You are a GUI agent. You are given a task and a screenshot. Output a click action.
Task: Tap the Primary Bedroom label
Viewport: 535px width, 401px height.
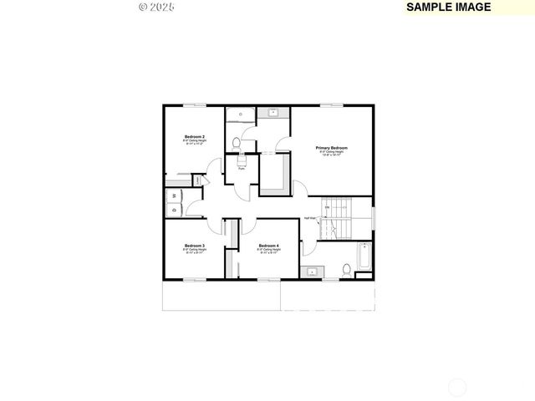pos(331,148)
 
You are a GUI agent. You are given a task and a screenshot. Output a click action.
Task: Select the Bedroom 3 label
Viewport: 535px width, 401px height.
pos(195,246)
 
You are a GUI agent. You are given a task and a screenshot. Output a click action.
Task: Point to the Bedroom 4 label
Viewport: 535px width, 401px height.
pos(268,246)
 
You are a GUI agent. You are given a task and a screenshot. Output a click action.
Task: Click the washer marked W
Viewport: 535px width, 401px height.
pos(174,196)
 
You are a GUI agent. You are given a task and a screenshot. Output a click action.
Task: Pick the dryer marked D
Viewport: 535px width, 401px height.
pos(174,210)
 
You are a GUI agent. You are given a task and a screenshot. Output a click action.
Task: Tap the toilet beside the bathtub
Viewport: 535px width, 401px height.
pos(346,269)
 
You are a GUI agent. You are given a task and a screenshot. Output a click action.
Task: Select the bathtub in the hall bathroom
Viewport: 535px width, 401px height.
pos(363,258)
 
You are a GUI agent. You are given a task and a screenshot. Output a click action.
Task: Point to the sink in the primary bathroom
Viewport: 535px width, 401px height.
pos(273,112)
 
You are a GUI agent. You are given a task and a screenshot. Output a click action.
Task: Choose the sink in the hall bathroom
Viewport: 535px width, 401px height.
pos(312,271)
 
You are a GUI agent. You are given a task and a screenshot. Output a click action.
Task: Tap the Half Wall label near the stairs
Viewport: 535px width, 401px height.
pos(309,218)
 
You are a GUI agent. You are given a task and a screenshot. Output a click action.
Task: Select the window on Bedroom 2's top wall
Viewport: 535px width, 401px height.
pos(195,104)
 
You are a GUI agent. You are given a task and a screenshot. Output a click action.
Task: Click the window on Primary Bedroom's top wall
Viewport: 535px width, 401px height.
pos(331,104)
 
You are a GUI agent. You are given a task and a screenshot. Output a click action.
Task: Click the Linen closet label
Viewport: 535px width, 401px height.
pos(197,179)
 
